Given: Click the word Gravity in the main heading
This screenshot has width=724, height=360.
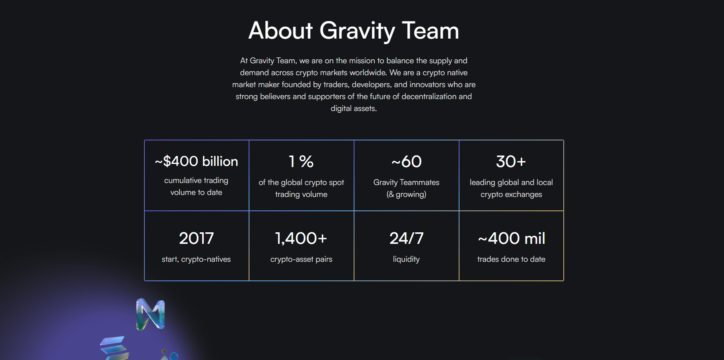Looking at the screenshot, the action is click(x=357, y=31).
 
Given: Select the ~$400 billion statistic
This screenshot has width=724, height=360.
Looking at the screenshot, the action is click(x=197, y=161).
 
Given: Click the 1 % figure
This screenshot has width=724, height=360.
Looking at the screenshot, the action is click(x=301, y=162).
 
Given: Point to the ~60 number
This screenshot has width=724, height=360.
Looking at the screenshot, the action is click(x=406, y=162).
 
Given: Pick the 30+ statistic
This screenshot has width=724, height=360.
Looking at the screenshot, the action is click(x=511, y=162).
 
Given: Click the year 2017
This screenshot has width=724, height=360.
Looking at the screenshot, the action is click(x=197, y=238).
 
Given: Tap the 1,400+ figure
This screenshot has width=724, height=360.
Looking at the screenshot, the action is click(x=301, y=238).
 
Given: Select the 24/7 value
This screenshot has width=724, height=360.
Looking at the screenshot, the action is click(x=406, y=238).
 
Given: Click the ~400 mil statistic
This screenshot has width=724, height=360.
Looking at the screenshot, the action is click(x=512, y=238).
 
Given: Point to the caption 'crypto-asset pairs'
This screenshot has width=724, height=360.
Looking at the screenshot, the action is click(x=301, y=259).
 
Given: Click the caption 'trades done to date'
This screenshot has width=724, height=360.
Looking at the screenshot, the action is click(x=511, y=259).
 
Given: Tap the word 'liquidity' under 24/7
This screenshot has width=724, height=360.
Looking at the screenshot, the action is click(x=406, y=259).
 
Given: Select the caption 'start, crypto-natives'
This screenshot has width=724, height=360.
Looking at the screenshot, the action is click(x=196, y=259).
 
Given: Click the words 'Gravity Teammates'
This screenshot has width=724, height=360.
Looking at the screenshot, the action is click(x=406, y=182).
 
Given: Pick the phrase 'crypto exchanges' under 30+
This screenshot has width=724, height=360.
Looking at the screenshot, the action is click(x=511, y=195).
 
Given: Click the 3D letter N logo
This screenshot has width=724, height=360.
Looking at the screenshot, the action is click(x=150, y=314).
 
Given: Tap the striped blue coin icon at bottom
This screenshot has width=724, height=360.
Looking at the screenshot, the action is click(x=115, y=348).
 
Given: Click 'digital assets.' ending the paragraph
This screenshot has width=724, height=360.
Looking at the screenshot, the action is click(x=354, y=108).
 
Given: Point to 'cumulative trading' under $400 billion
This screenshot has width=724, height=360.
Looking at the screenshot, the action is click(x=196, y=180).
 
